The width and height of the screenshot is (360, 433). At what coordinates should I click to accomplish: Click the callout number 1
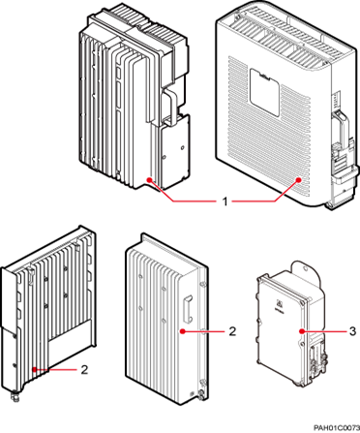click(x=225, y=202)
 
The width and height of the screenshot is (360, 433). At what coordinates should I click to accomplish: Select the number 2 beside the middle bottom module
click(x=233, y=331)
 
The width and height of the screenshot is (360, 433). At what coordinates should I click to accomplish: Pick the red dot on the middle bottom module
click(x=184, y=331)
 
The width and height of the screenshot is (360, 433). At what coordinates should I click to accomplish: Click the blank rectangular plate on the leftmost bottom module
click(x=64, y=335)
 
